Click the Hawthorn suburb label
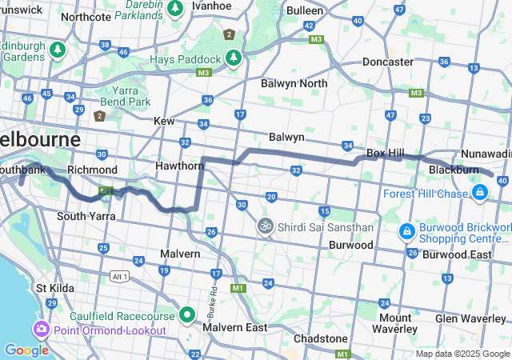(180, 166)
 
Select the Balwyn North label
(294, 83)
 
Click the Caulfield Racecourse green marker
(187, 314)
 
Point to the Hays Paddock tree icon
(233, 58)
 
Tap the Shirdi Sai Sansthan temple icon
(265, 226)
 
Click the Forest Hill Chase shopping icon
(479, 193)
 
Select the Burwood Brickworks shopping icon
(406, 231)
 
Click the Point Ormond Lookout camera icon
(40, 330)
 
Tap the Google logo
(26, 350)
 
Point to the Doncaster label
(388, 62)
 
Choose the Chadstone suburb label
(320, 338)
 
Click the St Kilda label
(54, 287)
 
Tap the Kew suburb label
(164, 121)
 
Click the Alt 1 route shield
(119, 276)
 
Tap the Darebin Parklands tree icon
(175, 8)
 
